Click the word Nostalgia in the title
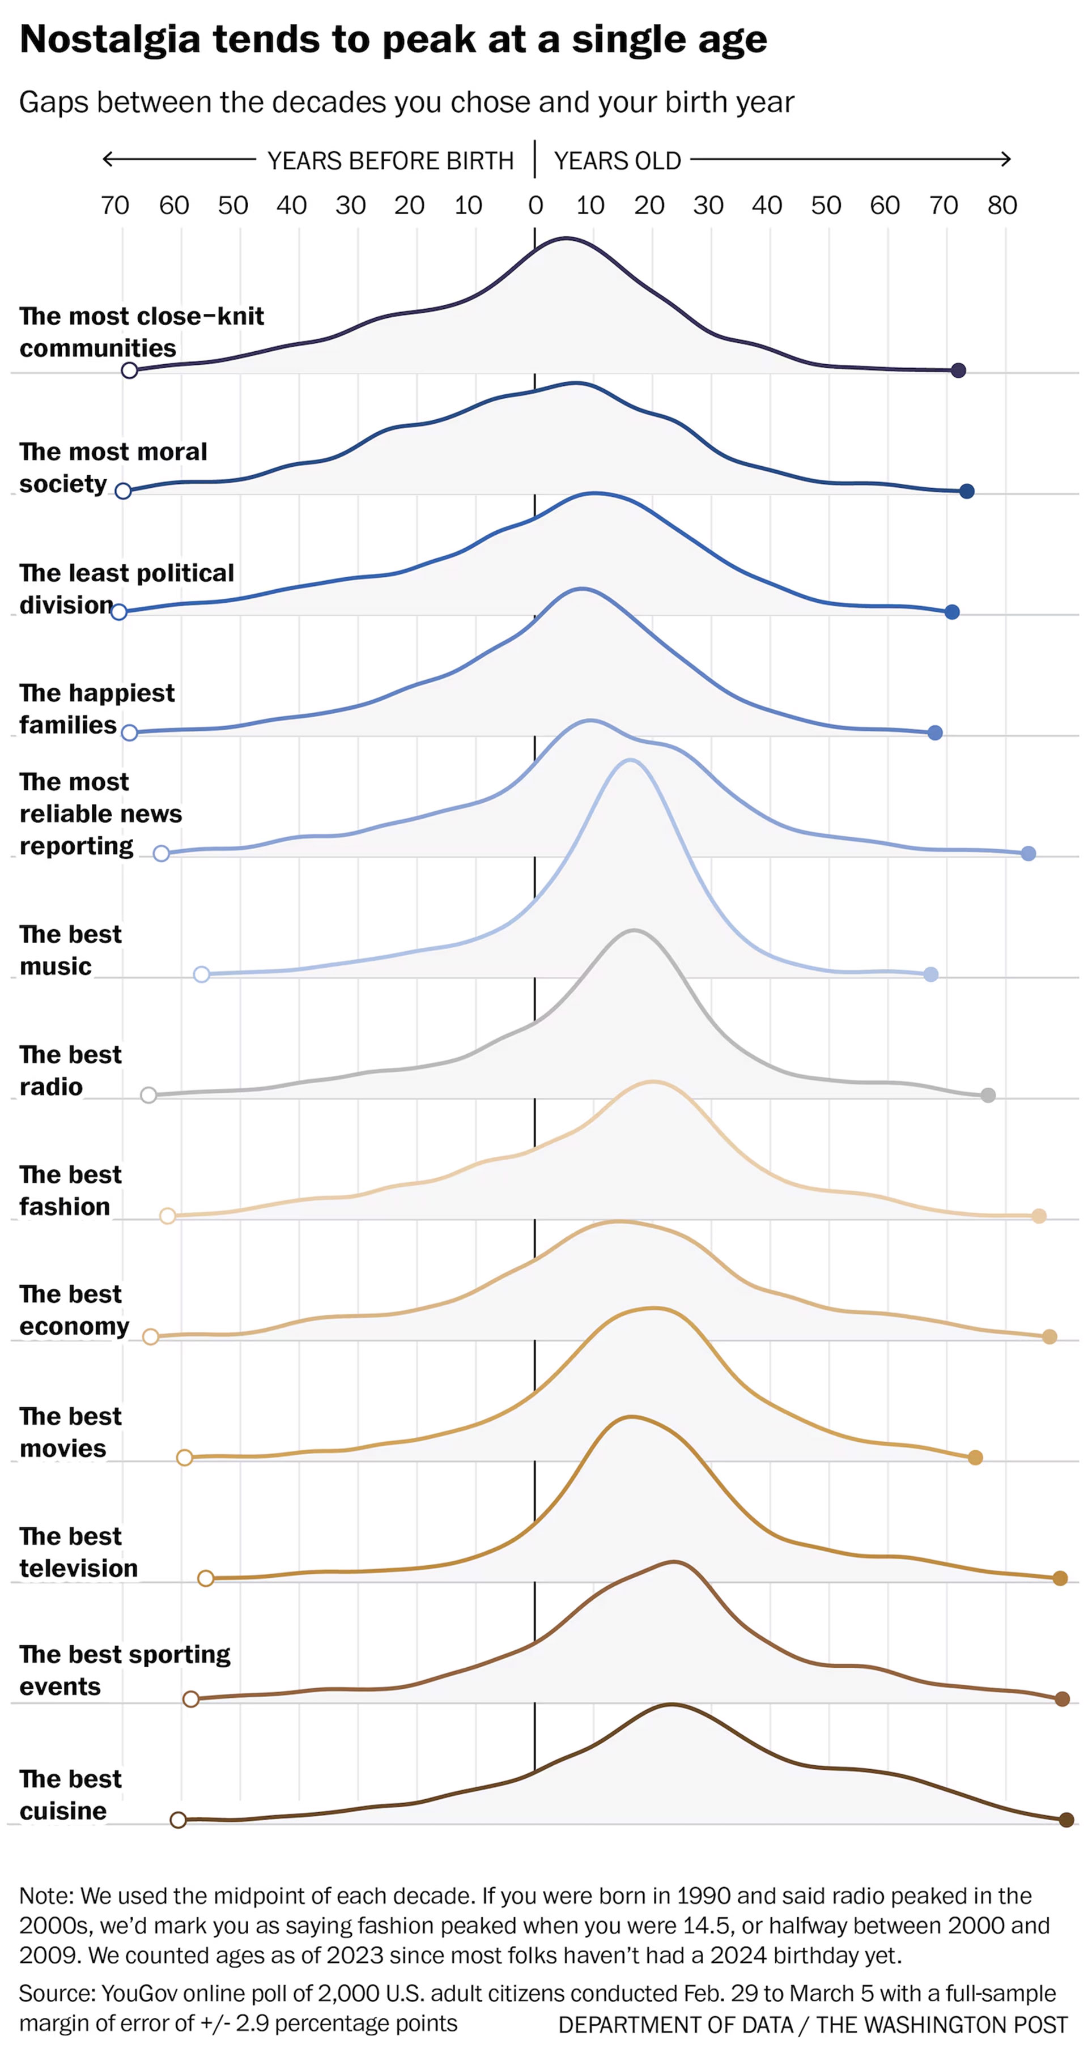pos(109,40)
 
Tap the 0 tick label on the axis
pos(535,206)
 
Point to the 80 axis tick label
pos(1002,206)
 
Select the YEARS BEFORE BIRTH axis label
pos(390,161)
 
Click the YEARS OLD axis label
pos(617,161)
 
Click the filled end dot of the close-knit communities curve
pos(959,370)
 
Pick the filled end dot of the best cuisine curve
pos(1066,1820)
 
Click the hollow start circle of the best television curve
pos(206,1578)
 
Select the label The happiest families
pos(96,709)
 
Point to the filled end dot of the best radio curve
pos(988,1095)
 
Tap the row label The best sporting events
pos(124,1671)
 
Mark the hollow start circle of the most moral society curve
pos(123,491)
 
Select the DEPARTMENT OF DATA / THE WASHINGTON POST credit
pos(812,2024)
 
